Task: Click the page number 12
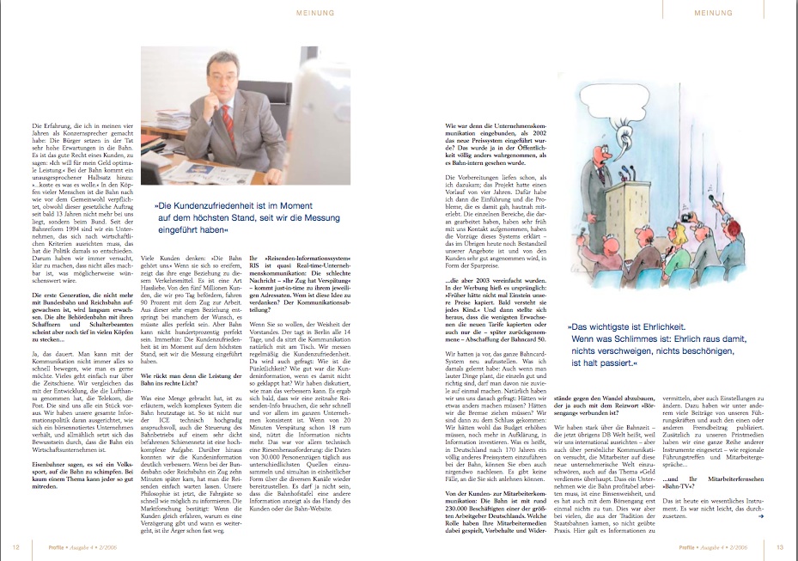(x=16, y=546)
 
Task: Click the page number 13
(x=779, y=546)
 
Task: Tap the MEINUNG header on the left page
(x=314, y=14)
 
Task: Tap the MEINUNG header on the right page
(x=712, y=14)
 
